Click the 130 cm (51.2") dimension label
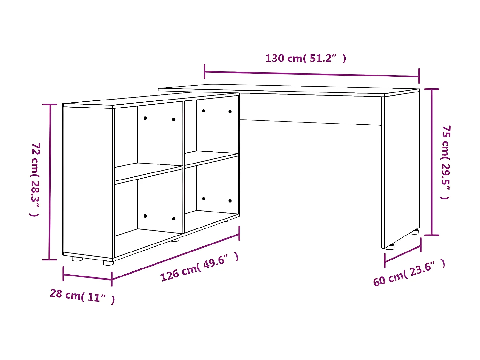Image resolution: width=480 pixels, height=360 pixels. [x=306, y=59]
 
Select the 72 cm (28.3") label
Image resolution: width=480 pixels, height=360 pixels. [x=35, y=180]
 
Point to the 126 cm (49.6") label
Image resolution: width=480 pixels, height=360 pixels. [x=199, y=267]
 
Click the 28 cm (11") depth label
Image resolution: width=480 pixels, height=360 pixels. [x=82, y=296]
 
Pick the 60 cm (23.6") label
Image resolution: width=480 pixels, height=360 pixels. [x=409, y=273]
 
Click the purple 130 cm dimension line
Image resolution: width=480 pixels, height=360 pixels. [x=312, y=74]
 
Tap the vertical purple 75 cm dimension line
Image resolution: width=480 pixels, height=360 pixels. [x=432, y=162]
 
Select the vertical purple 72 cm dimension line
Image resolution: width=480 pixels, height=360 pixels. [x=50, y=182]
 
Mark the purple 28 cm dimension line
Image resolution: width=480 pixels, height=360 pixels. [x=87, y=277]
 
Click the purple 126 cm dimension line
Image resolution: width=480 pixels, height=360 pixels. [x=175, y=257]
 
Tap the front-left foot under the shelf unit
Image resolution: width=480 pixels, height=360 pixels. [x=77, y=259]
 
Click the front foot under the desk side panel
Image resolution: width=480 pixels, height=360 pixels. [x=389, y=247]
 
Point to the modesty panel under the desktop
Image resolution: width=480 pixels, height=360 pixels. [x=310, y=109]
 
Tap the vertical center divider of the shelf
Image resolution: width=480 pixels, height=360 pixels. [x=184, y=166]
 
